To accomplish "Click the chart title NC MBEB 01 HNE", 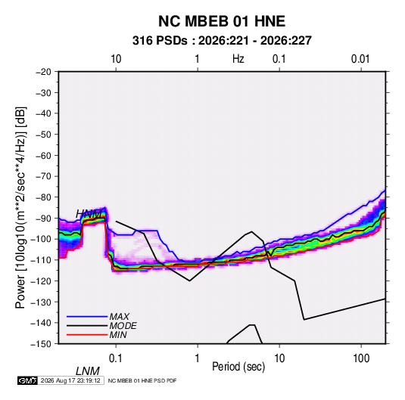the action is (x=222, y=21).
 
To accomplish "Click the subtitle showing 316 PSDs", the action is (x=222, y=41).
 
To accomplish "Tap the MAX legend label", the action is (x=119, y=317).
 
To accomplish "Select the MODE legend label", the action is (x=123, y=326).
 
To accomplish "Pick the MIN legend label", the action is (x=118, y=335).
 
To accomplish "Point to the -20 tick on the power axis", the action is (x=43, y=72).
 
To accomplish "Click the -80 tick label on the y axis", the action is (x=43, y=197).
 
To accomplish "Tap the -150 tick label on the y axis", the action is (x=41, y=344).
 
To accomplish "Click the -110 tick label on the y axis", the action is (x=41, y=260).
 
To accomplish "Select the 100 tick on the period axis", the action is (x=361, y=358).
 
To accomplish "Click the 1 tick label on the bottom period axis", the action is (x=198, y=358).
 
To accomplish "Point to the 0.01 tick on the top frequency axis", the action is (x=360, y=59).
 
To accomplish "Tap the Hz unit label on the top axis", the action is (x=238, y=59).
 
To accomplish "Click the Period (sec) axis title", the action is (x=238, y=367).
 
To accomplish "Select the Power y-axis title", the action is (x=20, y=207).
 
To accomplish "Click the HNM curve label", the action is (x=89, y=214).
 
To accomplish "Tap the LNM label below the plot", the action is (x=88, y=371).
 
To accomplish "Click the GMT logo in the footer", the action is (x=28, y=380).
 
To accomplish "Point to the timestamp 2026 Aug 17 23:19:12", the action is (x=70, y=380).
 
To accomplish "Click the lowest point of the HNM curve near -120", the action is (x=189, y=281).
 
